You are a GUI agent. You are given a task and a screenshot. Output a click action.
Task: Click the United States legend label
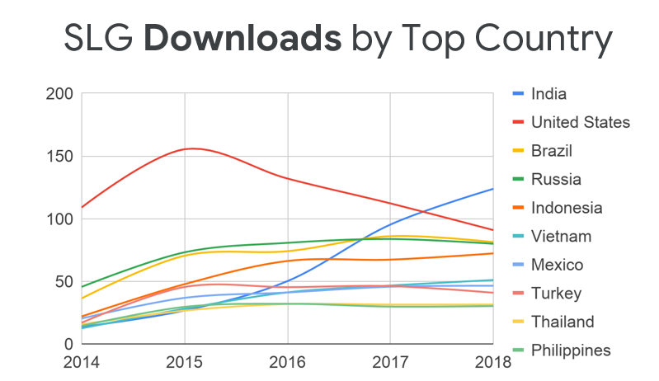(x=581, y=122)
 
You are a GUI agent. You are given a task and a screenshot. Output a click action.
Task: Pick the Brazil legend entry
(x=552, y=151)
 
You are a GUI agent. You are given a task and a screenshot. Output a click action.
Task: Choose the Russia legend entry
(x=556, y=179)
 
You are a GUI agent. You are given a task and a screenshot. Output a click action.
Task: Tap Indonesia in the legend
(x=567, y=208)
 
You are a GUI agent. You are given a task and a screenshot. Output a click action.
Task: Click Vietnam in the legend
(x=561, y=237)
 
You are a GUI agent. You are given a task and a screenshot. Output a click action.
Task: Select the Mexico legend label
(x=558, y=265)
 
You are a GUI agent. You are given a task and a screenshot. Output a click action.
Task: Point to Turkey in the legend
(x=557, y=294)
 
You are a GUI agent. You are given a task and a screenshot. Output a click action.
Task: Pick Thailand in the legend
(x=563, y=322)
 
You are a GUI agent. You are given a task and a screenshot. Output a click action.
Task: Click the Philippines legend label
(x=571, y=350)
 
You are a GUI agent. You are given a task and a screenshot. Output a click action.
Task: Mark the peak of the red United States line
(x=192, y=148)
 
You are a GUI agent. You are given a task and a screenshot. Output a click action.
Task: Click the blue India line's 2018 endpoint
(x=493, y=189)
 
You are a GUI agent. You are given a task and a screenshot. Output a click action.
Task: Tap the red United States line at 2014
(x=82, y=207)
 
